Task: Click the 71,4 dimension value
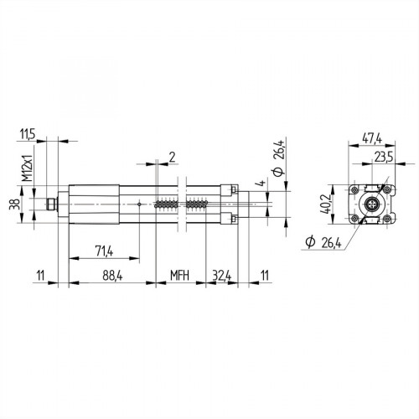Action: (104, 251)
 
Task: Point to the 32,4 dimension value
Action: (222, 275)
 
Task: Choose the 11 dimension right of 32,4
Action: (265, 275)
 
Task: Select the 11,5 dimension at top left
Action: (27, 133)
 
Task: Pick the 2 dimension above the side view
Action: (171, 156)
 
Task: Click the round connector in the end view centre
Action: (368, 204)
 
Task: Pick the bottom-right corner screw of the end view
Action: (384, 220)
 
